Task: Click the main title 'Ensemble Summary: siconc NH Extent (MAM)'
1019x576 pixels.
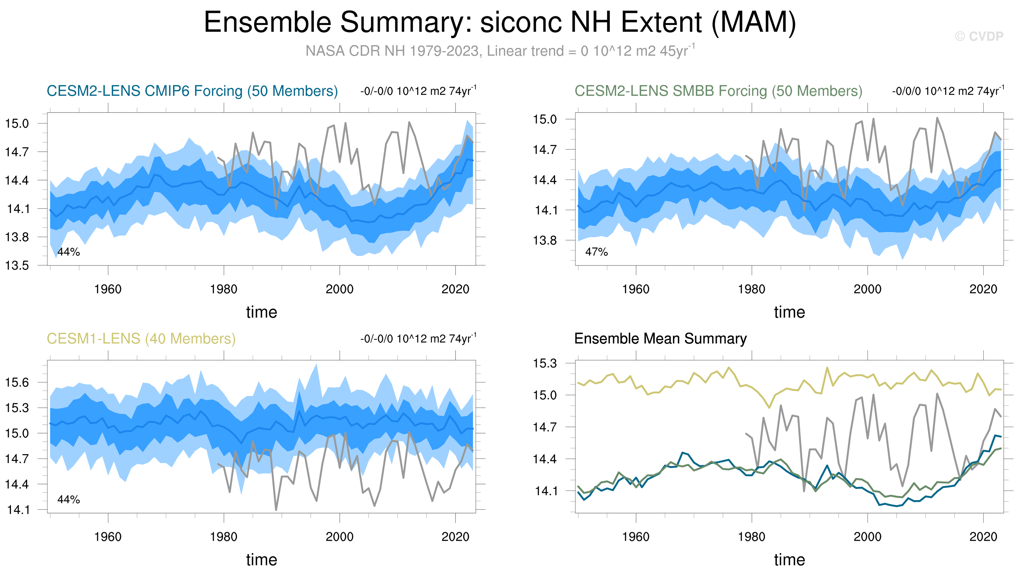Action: click(500, 22)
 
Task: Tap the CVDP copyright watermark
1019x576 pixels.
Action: click(979, 36)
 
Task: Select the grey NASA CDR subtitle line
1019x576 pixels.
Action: click(500, 51)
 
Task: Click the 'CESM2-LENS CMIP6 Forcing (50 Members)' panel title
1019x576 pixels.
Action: click(192, 91)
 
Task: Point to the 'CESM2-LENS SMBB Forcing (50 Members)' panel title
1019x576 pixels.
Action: click(718, 91)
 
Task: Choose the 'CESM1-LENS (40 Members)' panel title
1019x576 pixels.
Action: click(141, 339)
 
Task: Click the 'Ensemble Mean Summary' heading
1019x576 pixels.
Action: click(660, 339)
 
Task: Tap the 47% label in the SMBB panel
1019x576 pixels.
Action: click(596, 252)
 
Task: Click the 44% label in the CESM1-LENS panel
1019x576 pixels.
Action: click(69, 500)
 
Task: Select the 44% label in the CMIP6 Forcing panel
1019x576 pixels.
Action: click(69, 252)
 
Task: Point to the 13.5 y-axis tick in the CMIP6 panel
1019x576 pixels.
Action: click(17, 265)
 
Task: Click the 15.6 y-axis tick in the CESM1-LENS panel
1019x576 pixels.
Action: click(17, 382)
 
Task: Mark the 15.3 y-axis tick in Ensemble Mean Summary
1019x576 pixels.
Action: click(545, 363)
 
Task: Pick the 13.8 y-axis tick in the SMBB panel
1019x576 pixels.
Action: click(545, 240)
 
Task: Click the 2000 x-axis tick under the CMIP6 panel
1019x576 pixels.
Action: click(339, 289)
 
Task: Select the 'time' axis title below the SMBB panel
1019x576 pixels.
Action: click(789, 312)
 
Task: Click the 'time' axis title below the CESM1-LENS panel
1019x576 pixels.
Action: click(262, 560)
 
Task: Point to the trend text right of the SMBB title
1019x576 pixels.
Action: click(948, 91)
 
